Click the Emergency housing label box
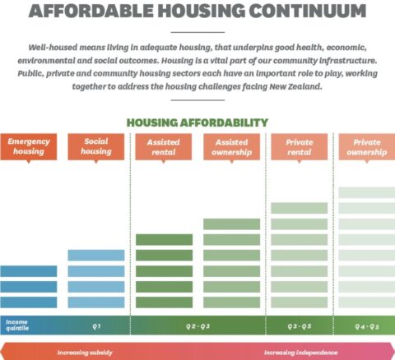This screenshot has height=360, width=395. [29, 146]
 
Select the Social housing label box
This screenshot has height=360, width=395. [96, 146]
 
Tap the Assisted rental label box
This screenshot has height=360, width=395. [164, 146]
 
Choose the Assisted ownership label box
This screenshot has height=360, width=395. [231, 146]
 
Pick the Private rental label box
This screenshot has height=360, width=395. [299, 146]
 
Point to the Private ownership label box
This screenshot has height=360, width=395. [367, 146]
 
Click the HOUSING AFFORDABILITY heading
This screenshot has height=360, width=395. [197, 122]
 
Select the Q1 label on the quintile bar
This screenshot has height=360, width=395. [96, 325]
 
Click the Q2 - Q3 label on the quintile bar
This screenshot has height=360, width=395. [197, 325]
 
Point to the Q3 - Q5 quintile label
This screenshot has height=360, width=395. [299, 325]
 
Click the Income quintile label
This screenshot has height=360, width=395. [17, 325]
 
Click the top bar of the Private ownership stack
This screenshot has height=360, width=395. [367, 192]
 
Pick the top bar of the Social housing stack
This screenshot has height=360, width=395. [96, 255]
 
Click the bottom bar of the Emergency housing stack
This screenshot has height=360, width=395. [29, 302]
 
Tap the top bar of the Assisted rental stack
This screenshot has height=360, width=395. [164, 239]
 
